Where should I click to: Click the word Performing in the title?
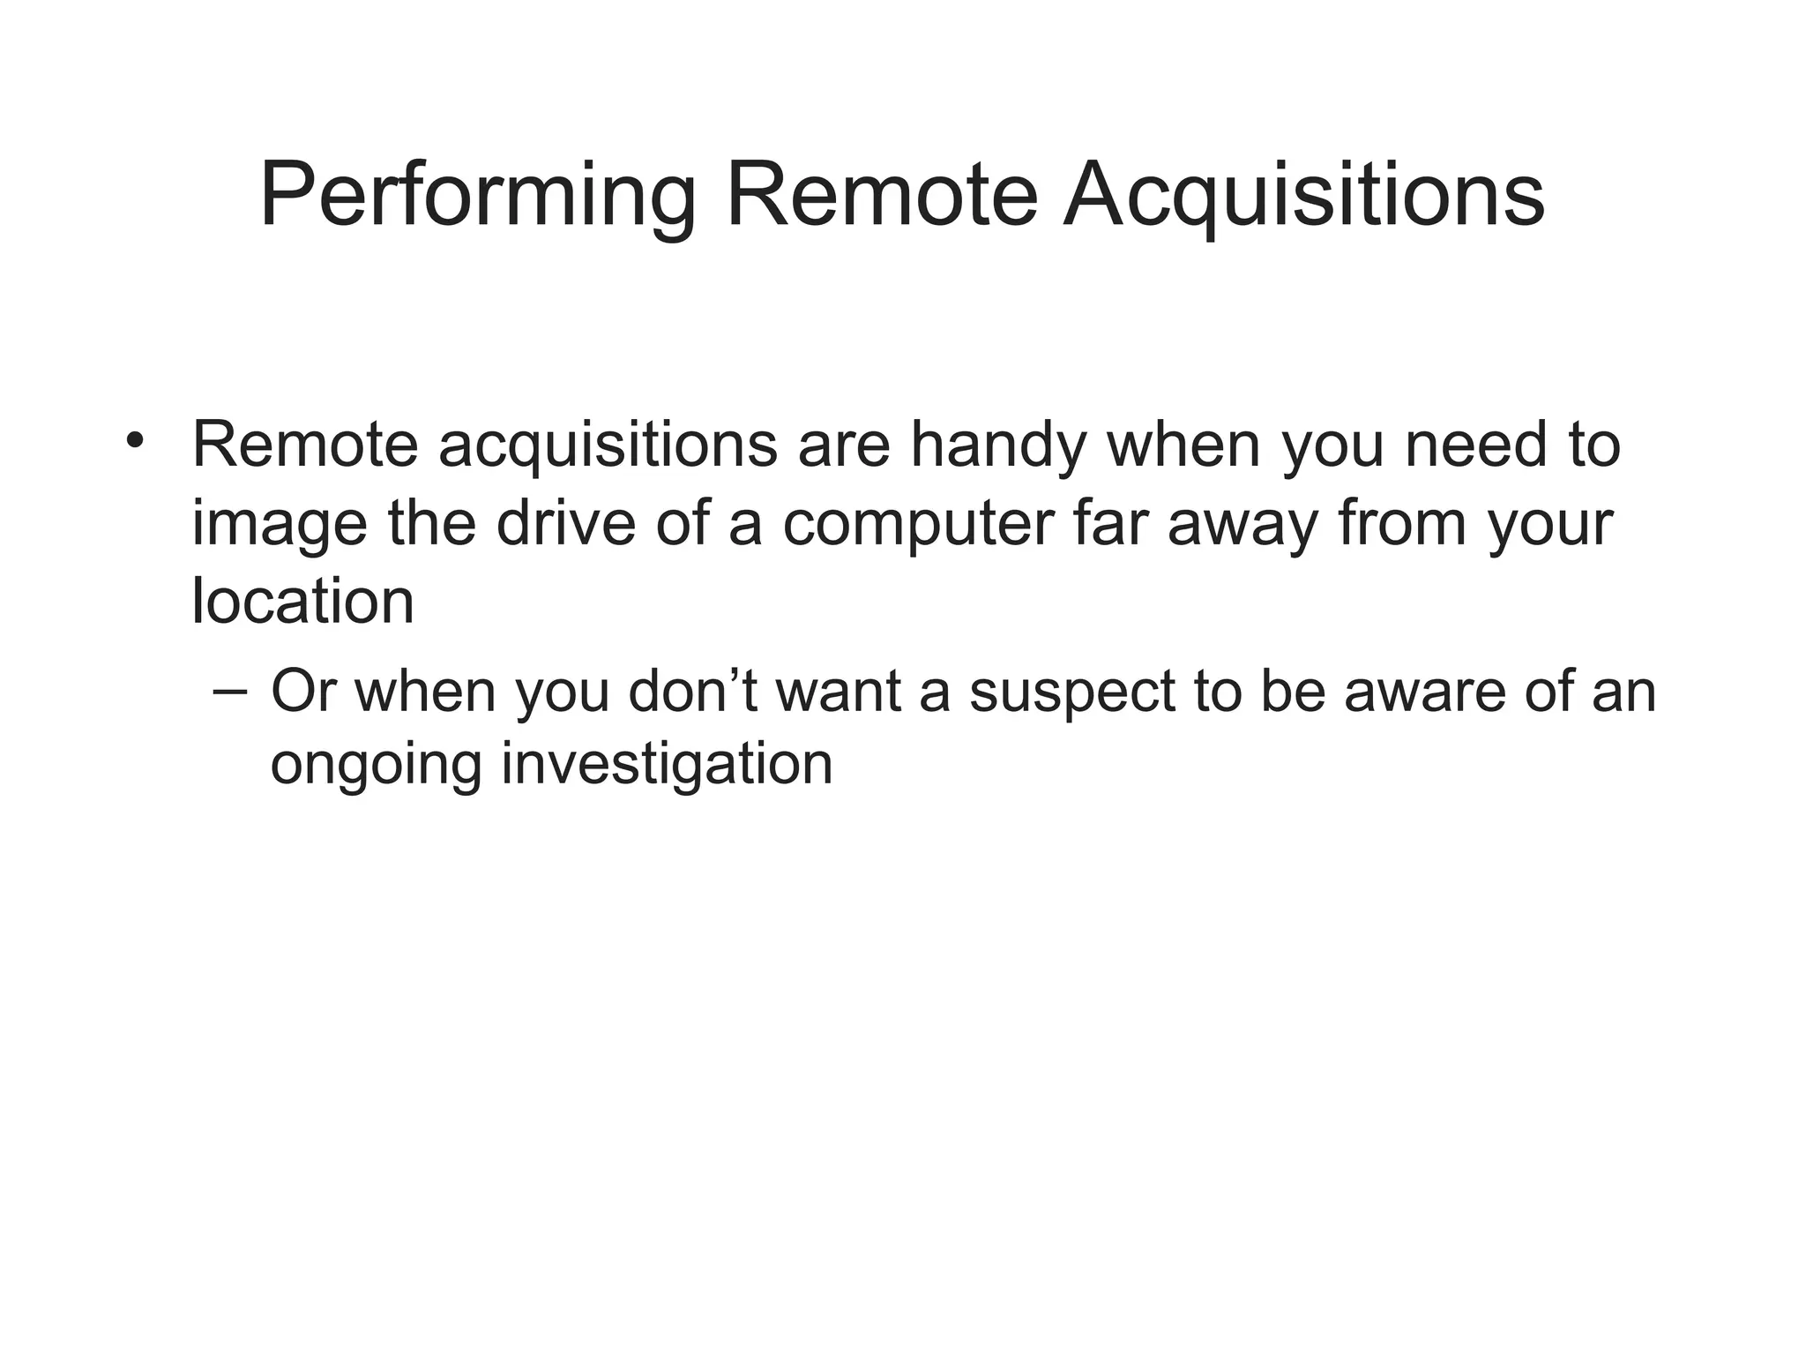pos(477,196)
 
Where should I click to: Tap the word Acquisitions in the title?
pos(1302,196)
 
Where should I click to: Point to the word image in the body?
pos(279,525)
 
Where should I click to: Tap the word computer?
pos(918,525)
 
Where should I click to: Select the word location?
pos(302,602)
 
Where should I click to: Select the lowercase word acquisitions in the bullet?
pos(608,446)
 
